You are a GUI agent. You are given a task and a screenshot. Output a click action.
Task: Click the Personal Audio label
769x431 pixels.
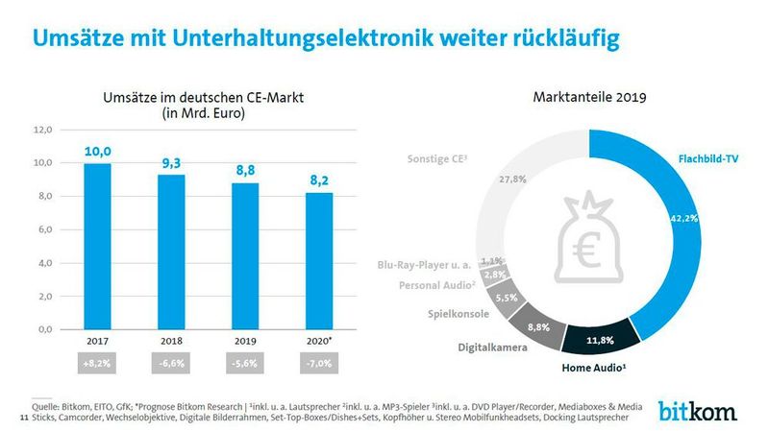[x=437, y=285]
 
